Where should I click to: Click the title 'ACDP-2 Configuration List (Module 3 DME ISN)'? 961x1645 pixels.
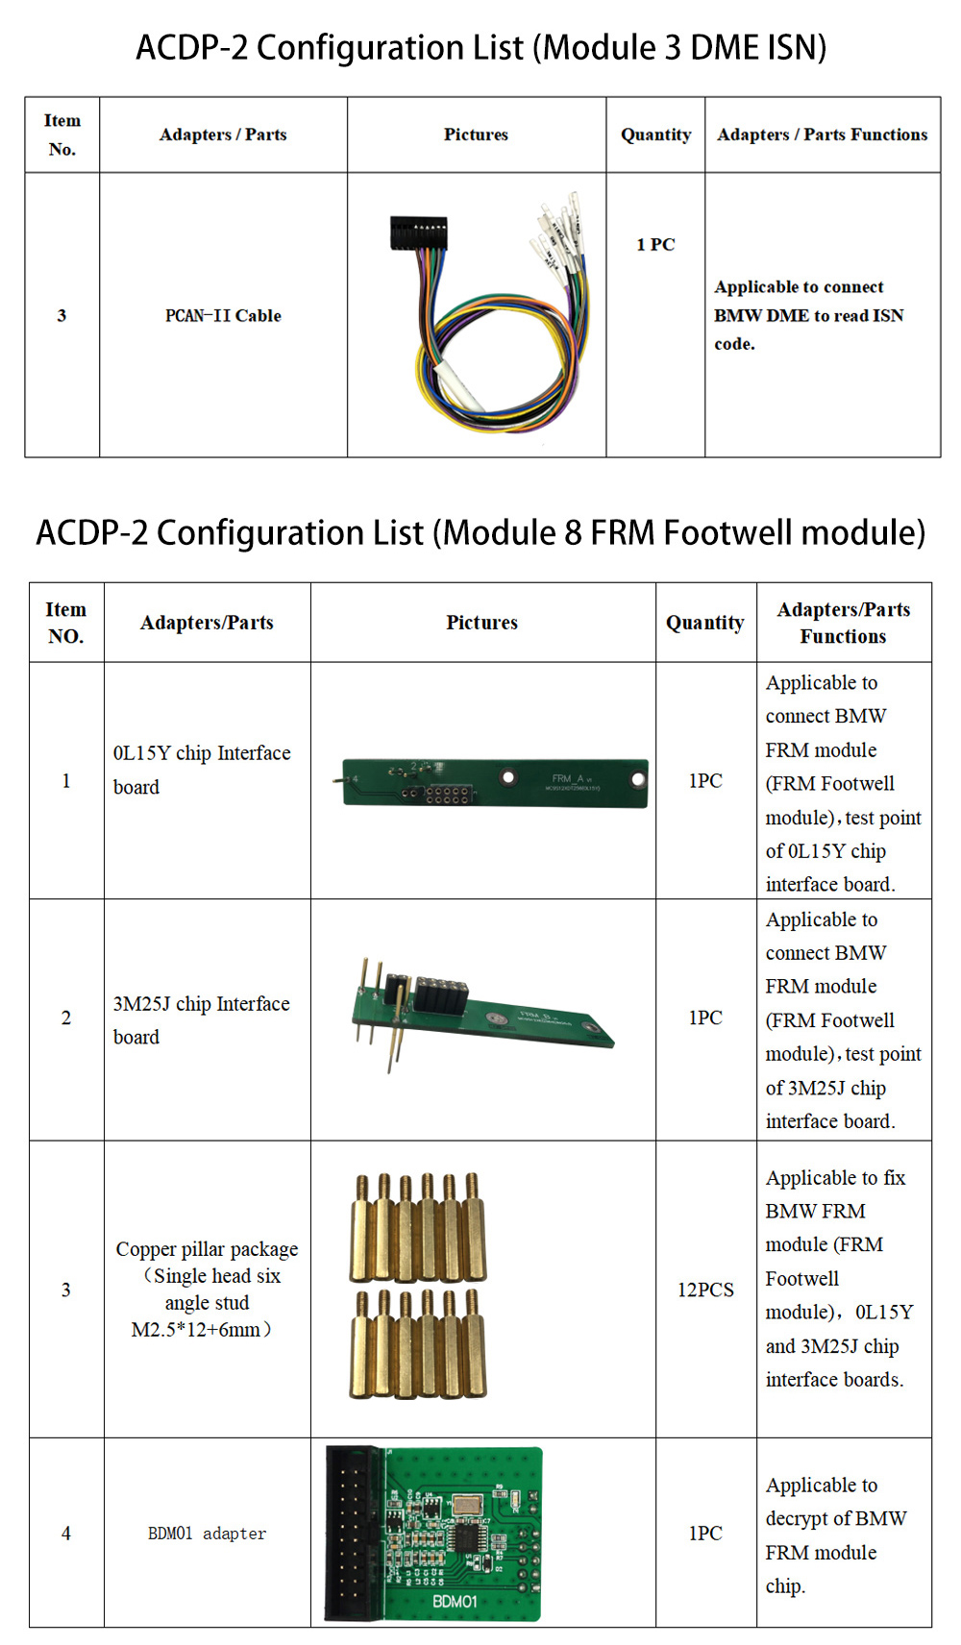coord(480,47)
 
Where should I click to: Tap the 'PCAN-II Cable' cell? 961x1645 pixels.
coord(223,315)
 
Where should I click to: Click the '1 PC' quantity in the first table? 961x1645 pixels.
coord(655,244)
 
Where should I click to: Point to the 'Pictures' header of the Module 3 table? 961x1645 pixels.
coord(476,135)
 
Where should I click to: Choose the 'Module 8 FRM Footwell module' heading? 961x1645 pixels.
coord(480,532)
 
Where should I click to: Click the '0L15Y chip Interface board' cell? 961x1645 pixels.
coord(202,770)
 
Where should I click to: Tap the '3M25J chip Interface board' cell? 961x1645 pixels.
coord(201,1019)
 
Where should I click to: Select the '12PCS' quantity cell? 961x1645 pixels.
coord(705,1289)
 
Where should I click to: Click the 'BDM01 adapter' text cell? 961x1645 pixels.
coord(207,1534)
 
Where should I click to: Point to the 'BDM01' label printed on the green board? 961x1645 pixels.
coord(455,1602)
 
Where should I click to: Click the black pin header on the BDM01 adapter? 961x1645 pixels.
coord(354,1535)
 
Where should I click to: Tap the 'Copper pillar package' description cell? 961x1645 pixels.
coord(207,1289)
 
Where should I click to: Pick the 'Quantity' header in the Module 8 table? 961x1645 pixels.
coord(705,623)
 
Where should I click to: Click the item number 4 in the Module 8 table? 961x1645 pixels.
coord(66,1534)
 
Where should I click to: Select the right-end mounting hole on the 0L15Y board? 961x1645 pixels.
coord(637,779)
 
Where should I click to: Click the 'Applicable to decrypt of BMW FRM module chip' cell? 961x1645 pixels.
coord(835,1535)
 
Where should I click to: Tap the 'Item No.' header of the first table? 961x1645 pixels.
coord(62,135)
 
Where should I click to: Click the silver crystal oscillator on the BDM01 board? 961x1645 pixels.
coord(467,1504)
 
